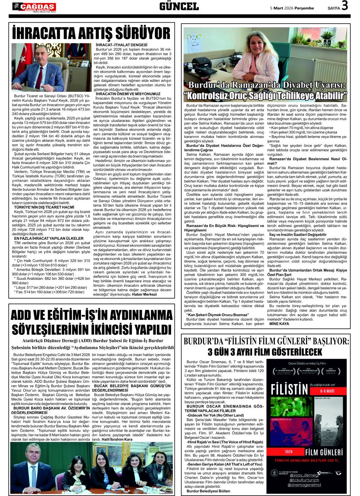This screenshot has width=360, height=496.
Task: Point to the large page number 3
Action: coord(345,6)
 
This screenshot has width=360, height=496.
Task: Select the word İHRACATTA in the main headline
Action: coord(46,33)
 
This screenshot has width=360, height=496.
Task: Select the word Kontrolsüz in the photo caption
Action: coord(215,96)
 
